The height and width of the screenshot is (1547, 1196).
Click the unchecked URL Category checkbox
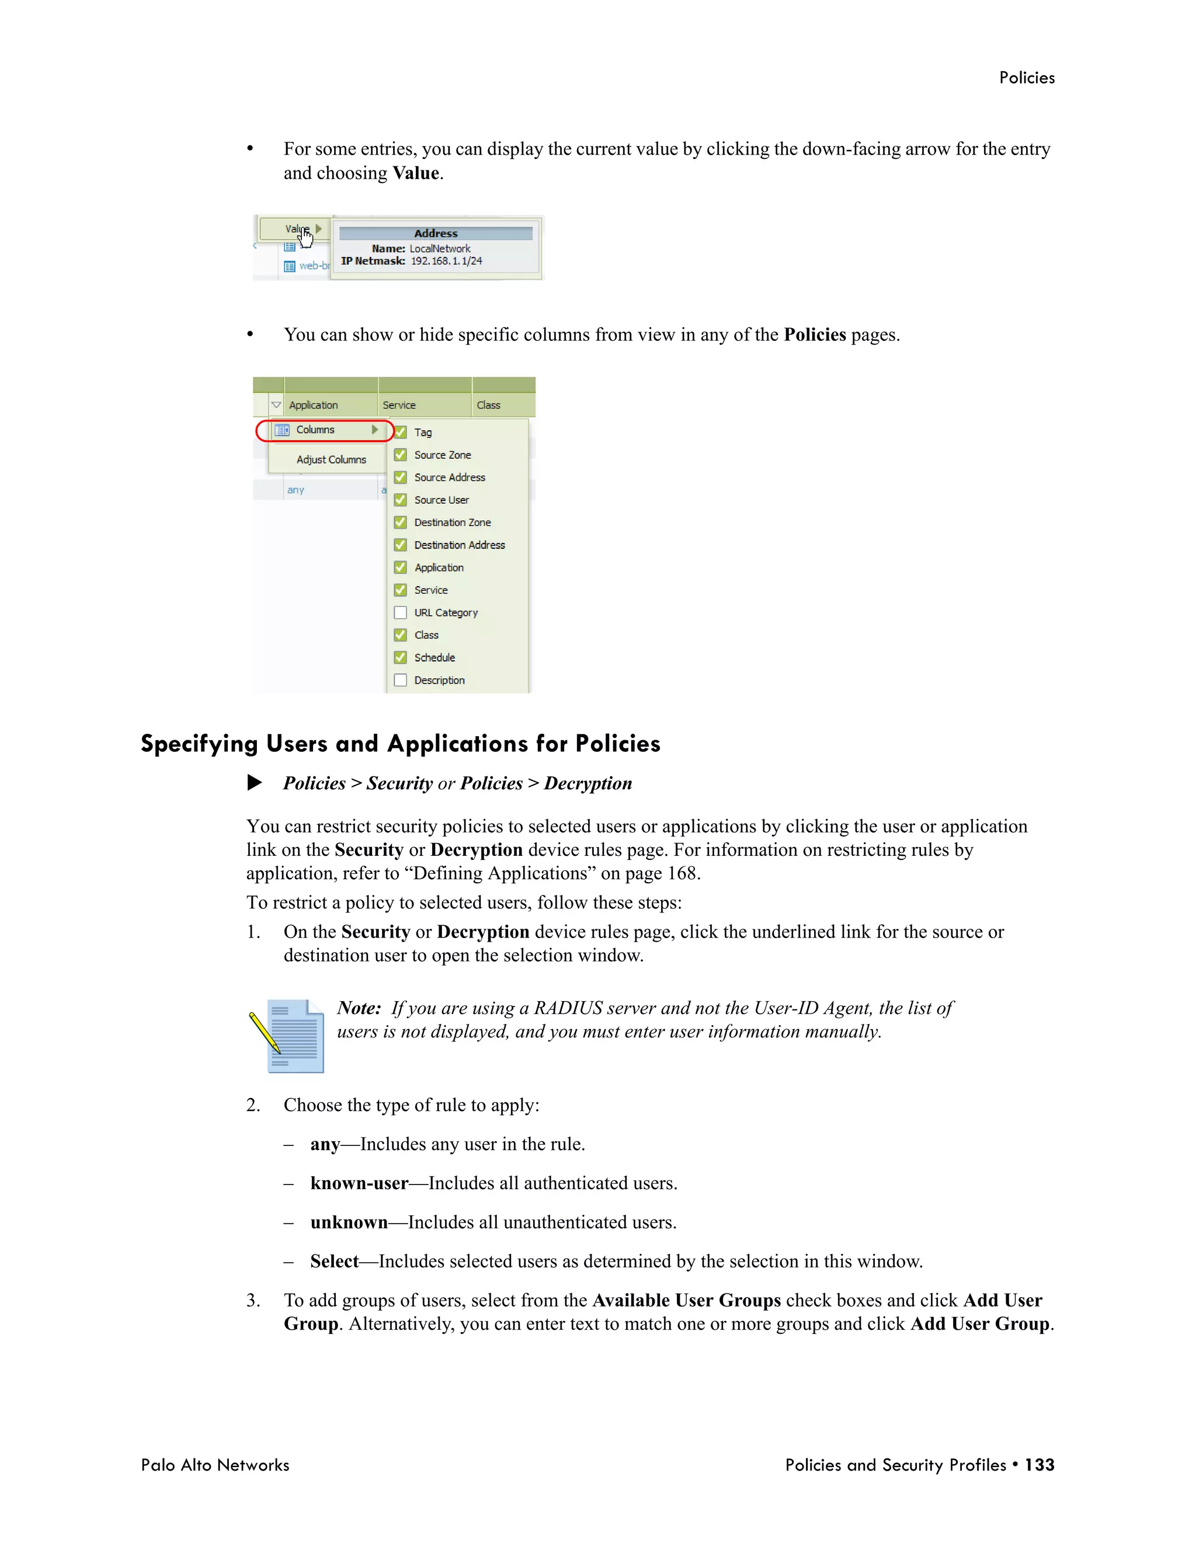[x=400, y=613]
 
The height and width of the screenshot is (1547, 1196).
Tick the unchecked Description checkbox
[x=400, y=680]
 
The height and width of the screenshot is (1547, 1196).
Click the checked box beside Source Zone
[x=400, y=455]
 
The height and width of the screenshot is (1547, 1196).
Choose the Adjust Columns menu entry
[x=331, y=459]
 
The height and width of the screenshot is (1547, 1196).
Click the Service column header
[x=399, y=405]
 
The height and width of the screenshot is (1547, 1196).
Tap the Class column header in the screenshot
[x=488, y=405]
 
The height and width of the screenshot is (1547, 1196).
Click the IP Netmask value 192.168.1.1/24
[x=446, y=262]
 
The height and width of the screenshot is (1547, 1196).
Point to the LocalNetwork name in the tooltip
[x=439, y=249]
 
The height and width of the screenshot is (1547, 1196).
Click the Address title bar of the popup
[x=436, y=234]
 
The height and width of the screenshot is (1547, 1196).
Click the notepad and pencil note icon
[x=287, y=1036]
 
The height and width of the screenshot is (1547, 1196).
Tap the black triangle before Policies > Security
[x=255, y=783]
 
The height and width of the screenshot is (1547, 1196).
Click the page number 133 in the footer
[x=1039, y=1465]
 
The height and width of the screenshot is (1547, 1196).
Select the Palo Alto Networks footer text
[x=215, y=1465]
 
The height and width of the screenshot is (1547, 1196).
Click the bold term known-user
[x=359, y=1183]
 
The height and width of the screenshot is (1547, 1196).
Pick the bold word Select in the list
[x=335, y=1261]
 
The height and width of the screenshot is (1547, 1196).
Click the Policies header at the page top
[x=1026, y=78]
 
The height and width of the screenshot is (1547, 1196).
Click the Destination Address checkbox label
[x=459, y=545]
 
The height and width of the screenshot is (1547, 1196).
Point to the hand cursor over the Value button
[x=305, y=239]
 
